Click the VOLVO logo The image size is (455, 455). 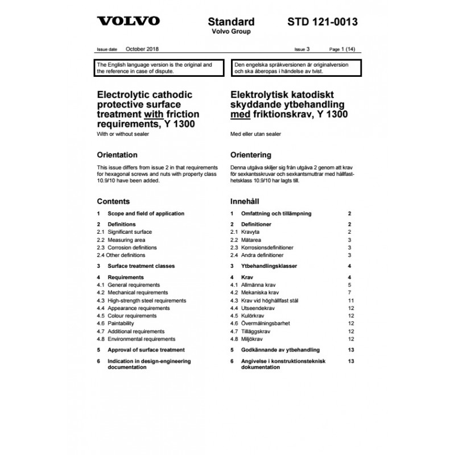[x=128, y=22]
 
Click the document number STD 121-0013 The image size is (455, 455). [x=322, y=22]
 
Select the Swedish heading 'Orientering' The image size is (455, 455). [x=250, y=155]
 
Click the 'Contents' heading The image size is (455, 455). [x=113, y=201]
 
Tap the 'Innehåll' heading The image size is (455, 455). [x=245, y=201]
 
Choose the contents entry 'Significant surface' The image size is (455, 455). [x=130, y=232]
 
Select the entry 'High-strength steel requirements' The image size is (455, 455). [x=147, y=300]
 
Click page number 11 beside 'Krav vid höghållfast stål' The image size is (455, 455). [x=351, y=300]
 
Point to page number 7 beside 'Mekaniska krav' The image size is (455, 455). [x=351, y=292]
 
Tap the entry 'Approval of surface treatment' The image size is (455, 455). [x=146, y=350]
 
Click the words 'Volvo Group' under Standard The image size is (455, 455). [x=231, y=31]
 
